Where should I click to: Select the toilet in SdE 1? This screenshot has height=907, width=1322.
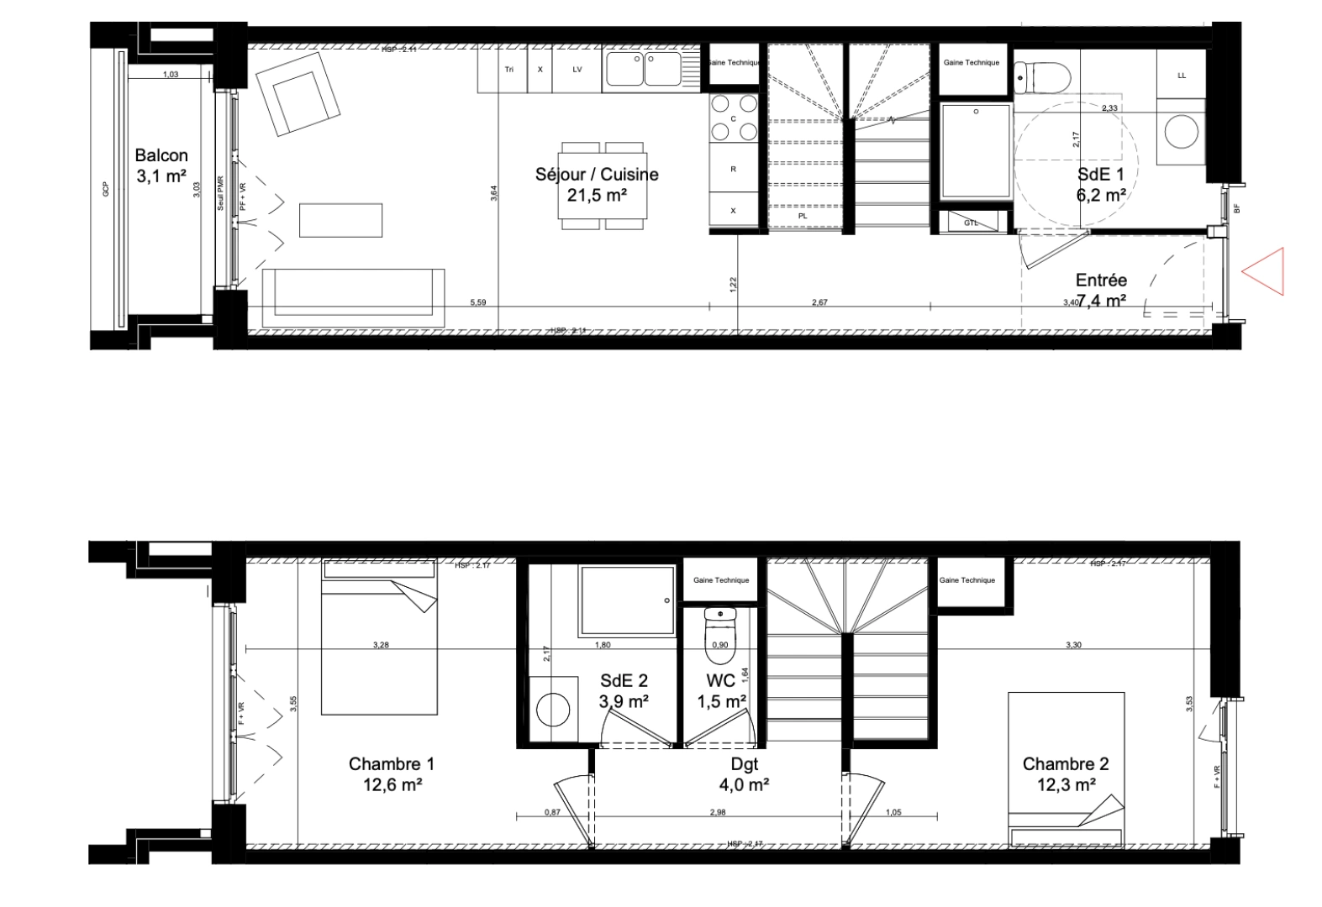[1042, 75]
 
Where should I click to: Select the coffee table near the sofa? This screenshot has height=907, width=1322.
[341, 220]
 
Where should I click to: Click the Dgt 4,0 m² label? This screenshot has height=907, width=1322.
[745, 774]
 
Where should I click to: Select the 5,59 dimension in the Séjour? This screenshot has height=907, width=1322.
[477, 302]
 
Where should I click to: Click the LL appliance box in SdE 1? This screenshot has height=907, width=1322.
[1182, 76]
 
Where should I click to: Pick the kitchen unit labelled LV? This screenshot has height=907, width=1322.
[577, 70]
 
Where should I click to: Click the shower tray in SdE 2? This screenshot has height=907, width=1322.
[627, 602]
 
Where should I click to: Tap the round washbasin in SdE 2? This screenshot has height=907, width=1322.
[552, 708]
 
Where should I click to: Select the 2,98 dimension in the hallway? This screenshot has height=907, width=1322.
[717, 812]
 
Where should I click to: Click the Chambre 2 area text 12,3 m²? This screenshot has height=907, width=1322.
[1066, 785]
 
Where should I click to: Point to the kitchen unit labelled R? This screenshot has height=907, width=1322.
[734, 169]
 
